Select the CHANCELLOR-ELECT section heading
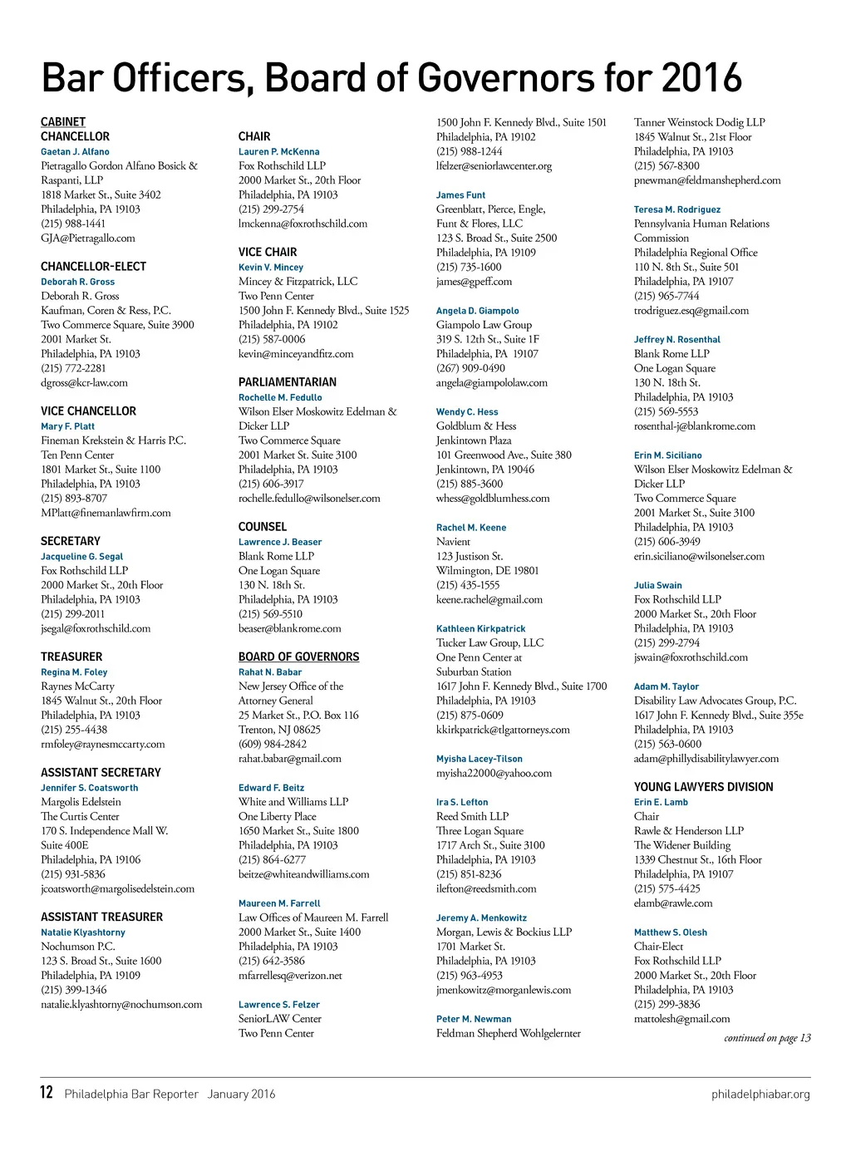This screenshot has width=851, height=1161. [93, 267]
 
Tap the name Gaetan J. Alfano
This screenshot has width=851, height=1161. [75, 152]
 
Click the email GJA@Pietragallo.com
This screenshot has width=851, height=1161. [87, 239]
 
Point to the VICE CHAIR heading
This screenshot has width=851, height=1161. [267, 252]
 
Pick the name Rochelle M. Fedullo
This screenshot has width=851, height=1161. [280, 397]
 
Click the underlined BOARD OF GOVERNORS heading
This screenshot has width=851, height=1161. [298, 657]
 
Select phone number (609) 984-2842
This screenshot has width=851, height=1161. [273, 744]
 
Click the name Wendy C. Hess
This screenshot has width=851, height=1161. [467, 411]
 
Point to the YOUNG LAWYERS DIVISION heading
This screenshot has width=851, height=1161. [703, 787]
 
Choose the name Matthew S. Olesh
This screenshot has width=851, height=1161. [670, 932]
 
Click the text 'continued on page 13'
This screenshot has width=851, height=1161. [766, 1038]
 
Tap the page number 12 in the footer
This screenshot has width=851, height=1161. [47, 1093]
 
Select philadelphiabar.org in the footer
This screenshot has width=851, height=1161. [760, 1095]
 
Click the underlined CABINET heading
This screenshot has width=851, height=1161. [63, 122]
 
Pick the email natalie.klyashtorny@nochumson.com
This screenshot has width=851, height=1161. [121, 1005]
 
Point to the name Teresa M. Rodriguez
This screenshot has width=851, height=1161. [676, 209]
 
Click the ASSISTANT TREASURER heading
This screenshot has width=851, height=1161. [101, 917]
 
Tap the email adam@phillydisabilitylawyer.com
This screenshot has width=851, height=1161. [706, 759]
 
